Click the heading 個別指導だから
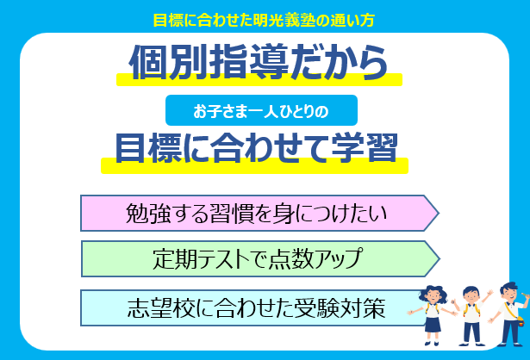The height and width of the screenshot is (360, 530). pyautogui.click(x=257, y=61)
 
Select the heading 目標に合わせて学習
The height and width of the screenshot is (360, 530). pyautogui.click(x=255, y=147)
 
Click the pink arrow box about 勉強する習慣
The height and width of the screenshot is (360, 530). pyautogui.click(x=259, y=213)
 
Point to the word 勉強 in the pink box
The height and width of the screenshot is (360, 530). pyautogui.click(x=144, y=213)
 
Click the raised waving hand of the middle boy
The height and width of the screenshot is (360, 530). pyautogui.click(x=489, y=293)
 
